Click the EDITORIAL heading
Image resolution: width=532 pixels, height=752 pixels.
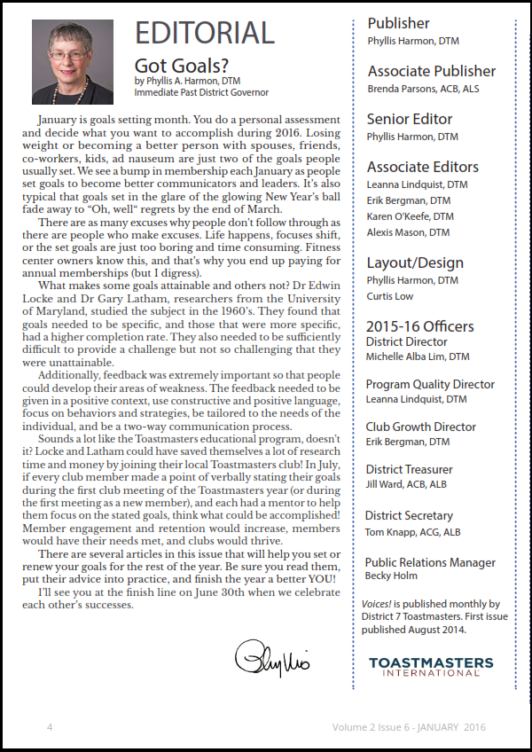[204, 34]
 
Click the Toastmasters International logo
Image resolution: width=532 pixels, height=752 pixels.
[430, 667]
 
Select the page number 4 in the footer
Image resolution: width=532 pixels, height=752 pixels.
[50, 727]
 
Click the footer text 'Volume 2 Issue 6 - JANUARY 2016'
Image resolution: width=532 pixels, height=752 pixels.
[409, 727]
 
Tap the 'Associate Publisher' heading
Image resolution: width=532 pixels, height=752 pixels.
[432, 71]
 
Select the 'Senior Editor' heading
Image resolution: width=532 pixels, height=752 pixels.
[410, 119]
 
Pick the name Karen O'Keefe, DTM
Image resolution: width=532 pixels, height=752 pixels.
[410, 215]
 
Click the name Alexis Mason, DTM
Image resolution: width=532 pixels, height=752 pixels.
[408, 232]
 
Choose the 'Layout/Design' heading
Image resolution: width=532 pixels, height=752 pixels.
[415, 262]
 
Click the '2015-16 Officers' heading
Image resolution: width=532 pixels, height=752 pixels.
[419, 325]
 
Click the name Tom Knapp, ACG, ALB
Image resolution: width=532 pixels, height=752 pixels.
[412, 532]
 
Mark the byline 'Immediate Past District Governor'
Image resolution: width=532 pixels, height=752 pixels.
[201, 92]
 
